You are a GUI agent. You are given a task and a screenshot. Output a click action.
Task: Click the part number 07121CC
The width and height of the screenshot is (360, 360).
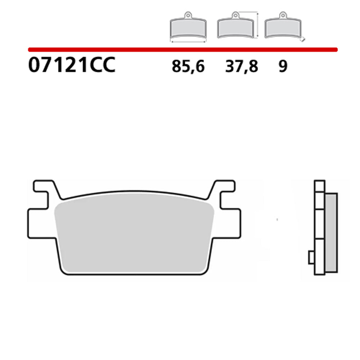(72, 66)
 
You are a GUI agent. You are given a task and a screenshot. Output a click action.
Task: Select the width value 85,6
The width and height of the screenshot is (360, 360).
(188, 67)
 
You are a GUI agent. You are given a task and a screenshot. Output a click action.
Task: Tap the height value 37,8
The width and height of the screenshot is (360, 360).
(242, 67)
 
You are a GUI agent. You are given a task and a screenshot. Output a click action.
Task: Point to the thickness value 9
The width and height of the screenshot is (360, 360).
(283, 67)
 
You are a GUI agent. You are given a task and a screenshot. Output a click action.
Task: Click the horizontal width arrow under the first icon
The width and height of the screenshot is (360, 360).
(188, 42)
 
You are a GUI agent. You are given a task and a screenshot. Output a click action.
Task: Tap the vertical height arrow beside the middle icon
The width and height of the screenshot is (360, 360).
(258, 25)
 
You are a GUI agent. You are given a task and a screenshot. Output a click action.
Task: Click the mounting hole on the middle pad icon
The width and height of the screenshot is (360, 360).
(235, 15)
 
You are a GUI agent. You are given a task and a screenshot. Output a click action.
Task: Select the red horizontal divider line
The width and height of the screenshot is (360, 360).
(182, 49)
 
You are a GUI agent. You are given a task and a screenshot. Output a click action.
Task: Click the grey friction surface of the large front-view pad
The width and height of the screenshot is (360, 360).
(133, 234)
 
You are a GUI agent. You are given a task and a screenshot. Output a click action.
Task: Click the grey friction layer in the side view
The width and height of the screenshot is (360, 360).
(331, 232)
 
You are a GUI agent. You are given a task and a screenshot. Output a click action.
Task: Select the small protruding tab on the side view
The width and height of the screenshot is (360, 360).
(311, 257)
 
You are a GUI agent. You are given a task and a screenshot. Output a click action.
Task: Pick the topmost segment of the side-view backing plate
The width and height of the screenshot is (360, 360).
(319, 185)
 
